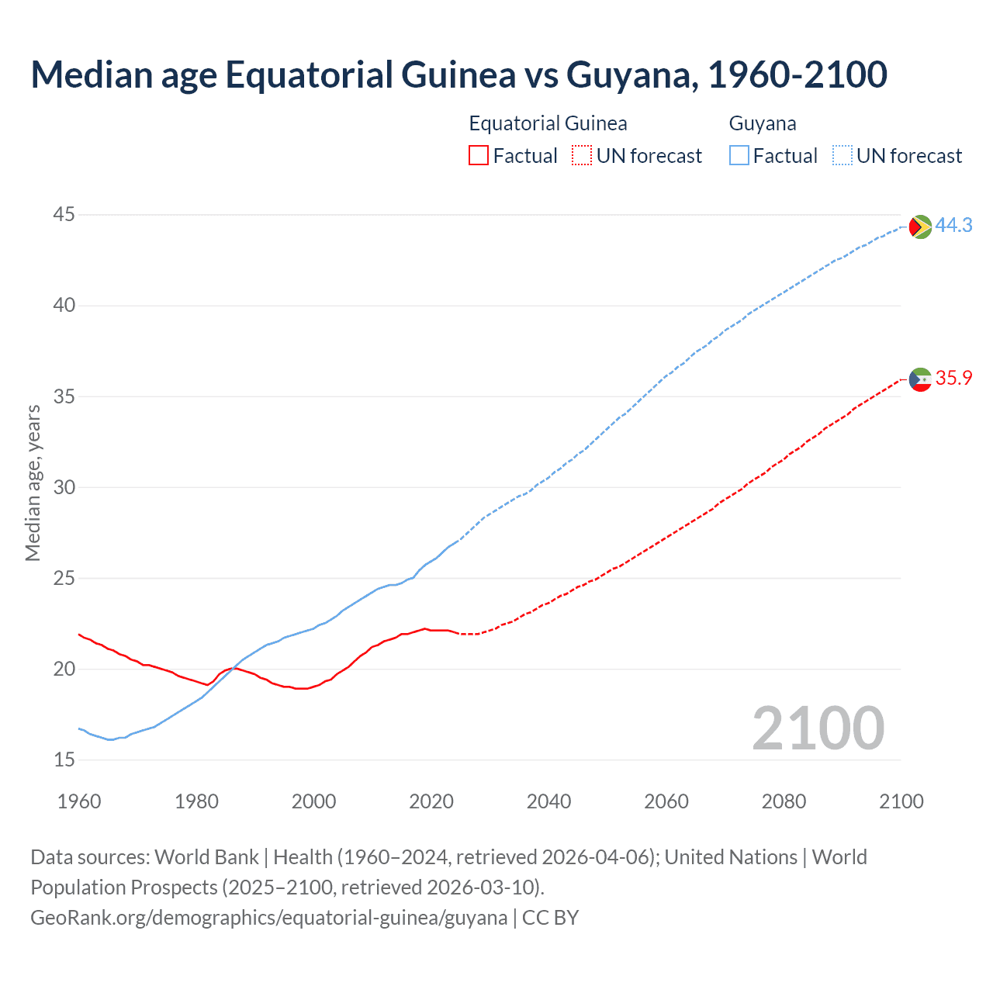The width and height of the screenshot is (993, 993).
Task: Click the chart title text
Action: click(458, 75)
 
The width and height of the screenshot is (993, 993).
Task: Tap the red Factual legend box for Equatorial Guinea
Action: click(479, 156)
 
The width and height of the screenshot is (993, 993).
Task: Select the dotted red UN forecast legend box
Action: click(581, 156)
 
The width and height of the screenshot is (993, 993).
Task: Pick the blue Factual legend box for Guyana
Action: click(739, 156)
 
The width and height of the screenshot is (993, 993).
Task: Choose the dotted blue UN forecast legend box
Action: click(842, 156)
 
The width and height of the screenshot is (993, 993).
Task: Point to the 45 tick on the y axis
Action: click(64, 214)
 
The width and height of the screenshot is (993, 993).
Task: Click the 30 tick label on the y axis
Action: click(64, 487)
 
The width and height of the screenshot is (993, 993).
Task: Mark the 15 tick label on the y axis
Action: click(64, 759)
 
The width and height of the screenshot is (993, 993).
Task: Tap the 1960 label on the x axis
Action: click(79, 801)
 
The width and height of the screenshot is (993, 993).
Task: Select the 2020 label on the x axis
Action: click(431, 801)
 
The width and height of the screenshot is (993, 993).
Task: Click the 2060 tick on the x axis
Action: click(666, 801)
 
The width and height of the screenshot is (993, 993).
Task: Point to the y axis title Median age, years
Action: click(33, 483)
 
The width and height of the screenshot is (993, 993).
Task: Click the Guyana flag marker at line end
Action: click(920, 227)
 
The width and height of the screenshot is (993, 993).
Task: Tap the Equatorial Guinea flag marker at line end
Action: click(920, 379)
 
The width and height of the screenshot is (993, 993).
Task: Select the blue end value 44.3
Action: click(953, 225)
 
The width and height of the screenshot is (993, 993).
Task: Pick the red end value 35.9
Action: click(953, 378)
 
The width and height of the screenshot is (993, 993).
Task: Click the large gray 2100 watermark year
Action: click(818, 728)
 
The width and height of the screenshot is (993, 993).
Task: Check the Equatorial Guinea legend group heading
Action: click(548, 123)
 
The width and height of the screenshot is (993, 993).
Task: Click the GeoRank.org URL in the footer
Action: click(268, 918)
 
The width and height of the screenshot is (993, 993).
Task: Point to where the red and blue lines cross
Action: click(232, 668)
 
